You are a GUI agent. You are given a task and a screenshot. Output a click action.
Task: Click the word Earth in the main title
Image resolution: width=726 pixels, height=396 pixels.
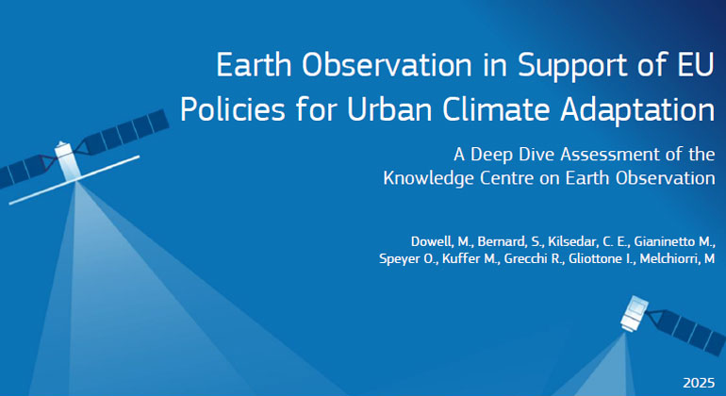pyautogui.click(x=254, y=64)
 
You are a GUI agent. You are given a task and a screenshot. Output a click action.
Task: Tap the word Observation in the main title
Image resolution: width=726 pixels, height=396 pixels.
pyautogui.click(x=388, y=64)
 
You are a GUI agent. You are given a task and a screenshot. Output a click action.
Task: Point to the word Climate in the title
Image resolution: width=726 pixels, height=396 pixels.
pyautogui.click(x=496, y=109)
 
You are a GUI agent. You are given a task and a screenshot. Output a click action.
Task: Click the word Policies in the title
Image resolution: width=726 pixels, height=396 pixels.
pyautogui.click(x=233, y=109)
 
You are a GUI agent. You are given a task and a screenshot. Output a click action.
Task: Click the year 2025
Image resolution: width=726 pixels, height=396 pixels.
pyautogui.click(x=700, y=383)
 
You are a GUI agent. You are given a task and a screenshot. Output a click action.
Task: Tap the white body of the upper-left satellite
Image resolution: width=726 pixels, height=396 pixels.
pyautogui.click(x=68, y=161)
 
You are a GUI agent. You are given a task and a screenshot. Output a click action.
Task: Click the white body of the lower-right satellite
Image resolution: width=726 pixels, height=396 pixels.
pyautogui.click(x=634, y=314)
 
